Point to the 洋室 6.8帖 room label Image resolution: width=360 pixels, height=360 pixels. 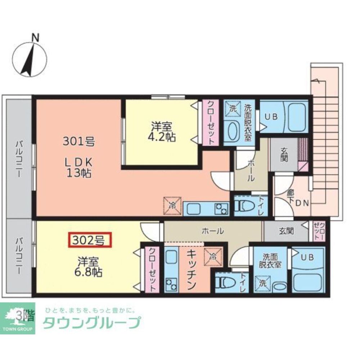88,266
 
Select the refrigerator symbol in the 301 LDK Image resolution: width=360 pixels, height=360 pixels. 172,206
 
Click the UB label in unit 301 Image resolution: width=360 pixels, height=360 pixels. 271,117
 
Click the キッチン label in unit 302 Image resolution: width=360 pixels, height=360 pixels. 191,270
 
